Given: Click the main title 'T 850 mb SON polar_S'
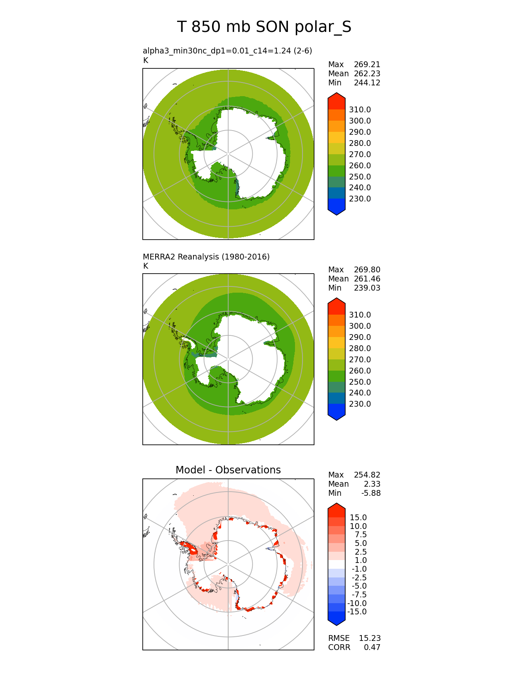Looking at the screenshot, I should click(264, 27).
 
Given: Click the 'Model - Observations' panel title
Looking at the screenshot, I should click(228, 470).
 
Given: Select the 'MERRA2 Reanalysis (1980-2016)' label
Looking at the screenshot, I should click(206, 257).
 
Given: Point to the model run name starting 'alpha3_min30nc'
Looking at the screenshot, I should click(227, 51).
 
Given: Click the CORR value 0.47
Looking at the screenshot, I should click(372, 647).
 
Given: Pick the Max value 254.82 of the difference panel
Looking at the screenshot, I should click(367, 475).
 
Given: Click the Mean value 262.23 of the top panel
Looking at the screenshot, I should click(367, 73).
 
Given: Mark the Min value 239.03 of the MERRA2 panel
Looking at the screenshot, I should click(367, 288).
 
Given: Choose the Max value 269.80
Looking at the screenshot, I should click(367, 269).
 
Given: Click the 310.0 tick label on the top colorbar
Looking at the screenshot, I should click(360, 109).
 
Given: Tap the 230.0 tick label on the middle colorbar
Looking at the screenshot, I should click(360, 404).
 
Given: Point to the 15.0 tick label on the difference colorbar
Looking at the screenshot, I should click(358, 517).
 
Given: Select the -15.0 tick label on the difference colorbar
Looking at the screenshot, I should click(357, 611).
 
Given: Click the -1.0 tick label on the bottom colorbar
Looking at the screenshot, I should click(358, 569).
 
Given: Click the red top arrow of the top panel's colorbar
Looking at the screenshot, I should click(336, 101).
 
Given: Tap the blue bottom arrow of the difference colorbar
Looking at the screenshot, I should click(336, 618).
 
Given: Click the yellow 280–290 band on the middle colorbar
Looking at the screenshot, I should click(336, 342).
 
